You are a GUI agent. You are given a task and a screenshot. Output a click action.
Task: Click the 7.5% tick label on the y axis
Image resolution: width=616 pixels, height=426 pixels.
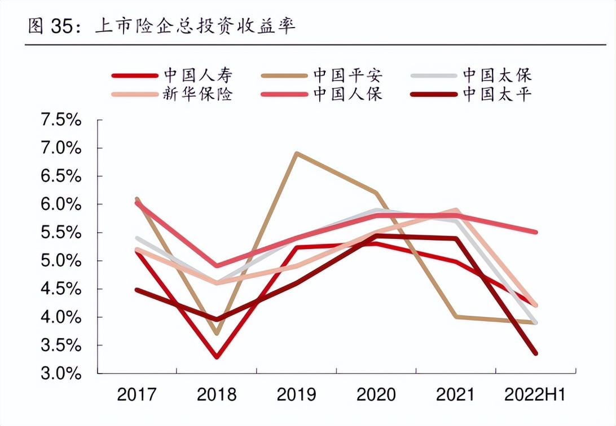click(61, 120)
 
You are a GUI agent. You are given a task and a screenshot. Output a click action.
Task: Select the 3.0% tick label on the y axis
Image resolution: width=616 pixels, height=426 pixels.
click(61, 373)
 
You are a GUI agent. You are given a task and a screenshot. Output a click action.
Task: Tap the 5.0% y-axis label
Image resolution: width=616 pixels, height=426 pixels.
click(61, 261)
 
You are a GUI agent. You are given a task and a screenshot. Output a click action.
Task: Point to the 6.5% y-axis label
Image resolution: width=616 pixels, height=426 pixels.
click(61, 176)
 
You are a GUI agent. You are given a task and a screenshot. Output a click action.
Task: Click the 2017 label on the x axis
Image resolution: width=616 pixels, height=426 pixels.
click(137, 395)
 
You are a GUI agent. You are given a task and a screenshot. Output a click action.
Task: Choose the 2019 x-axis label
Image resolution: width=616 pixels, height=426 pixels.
click(296, 395)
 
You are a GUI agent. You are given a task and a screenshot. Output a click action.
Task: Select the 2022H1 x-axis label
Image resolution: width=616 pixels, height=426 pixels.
click(535, 395)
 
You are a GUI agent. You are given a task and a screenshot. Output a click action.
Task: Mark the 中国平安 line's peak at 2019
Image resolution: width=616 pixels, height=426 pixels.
click(297, 153)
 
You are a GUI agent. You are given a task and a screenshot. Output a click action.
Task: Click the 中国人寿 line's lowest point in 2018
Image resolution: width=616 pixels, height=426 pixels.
click(217, 357)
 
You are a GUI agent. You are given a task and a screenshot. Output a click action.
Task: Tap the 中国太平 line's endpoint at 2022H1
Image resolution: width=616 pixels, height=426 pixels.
click(535, 353)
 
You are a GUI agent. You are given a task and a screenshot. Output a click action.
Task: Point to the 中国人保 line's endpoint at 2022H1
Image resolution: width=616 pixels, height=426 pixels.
click(535, 232)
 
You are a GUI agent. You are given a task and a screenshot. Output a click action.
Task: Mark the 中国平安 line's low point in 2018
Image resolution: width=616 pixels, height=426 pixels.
click(217, 334)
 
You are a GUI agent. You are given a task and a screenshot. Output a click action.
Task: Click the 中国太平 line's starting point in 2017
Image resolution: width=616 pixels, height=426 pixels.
click(137, 290)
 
